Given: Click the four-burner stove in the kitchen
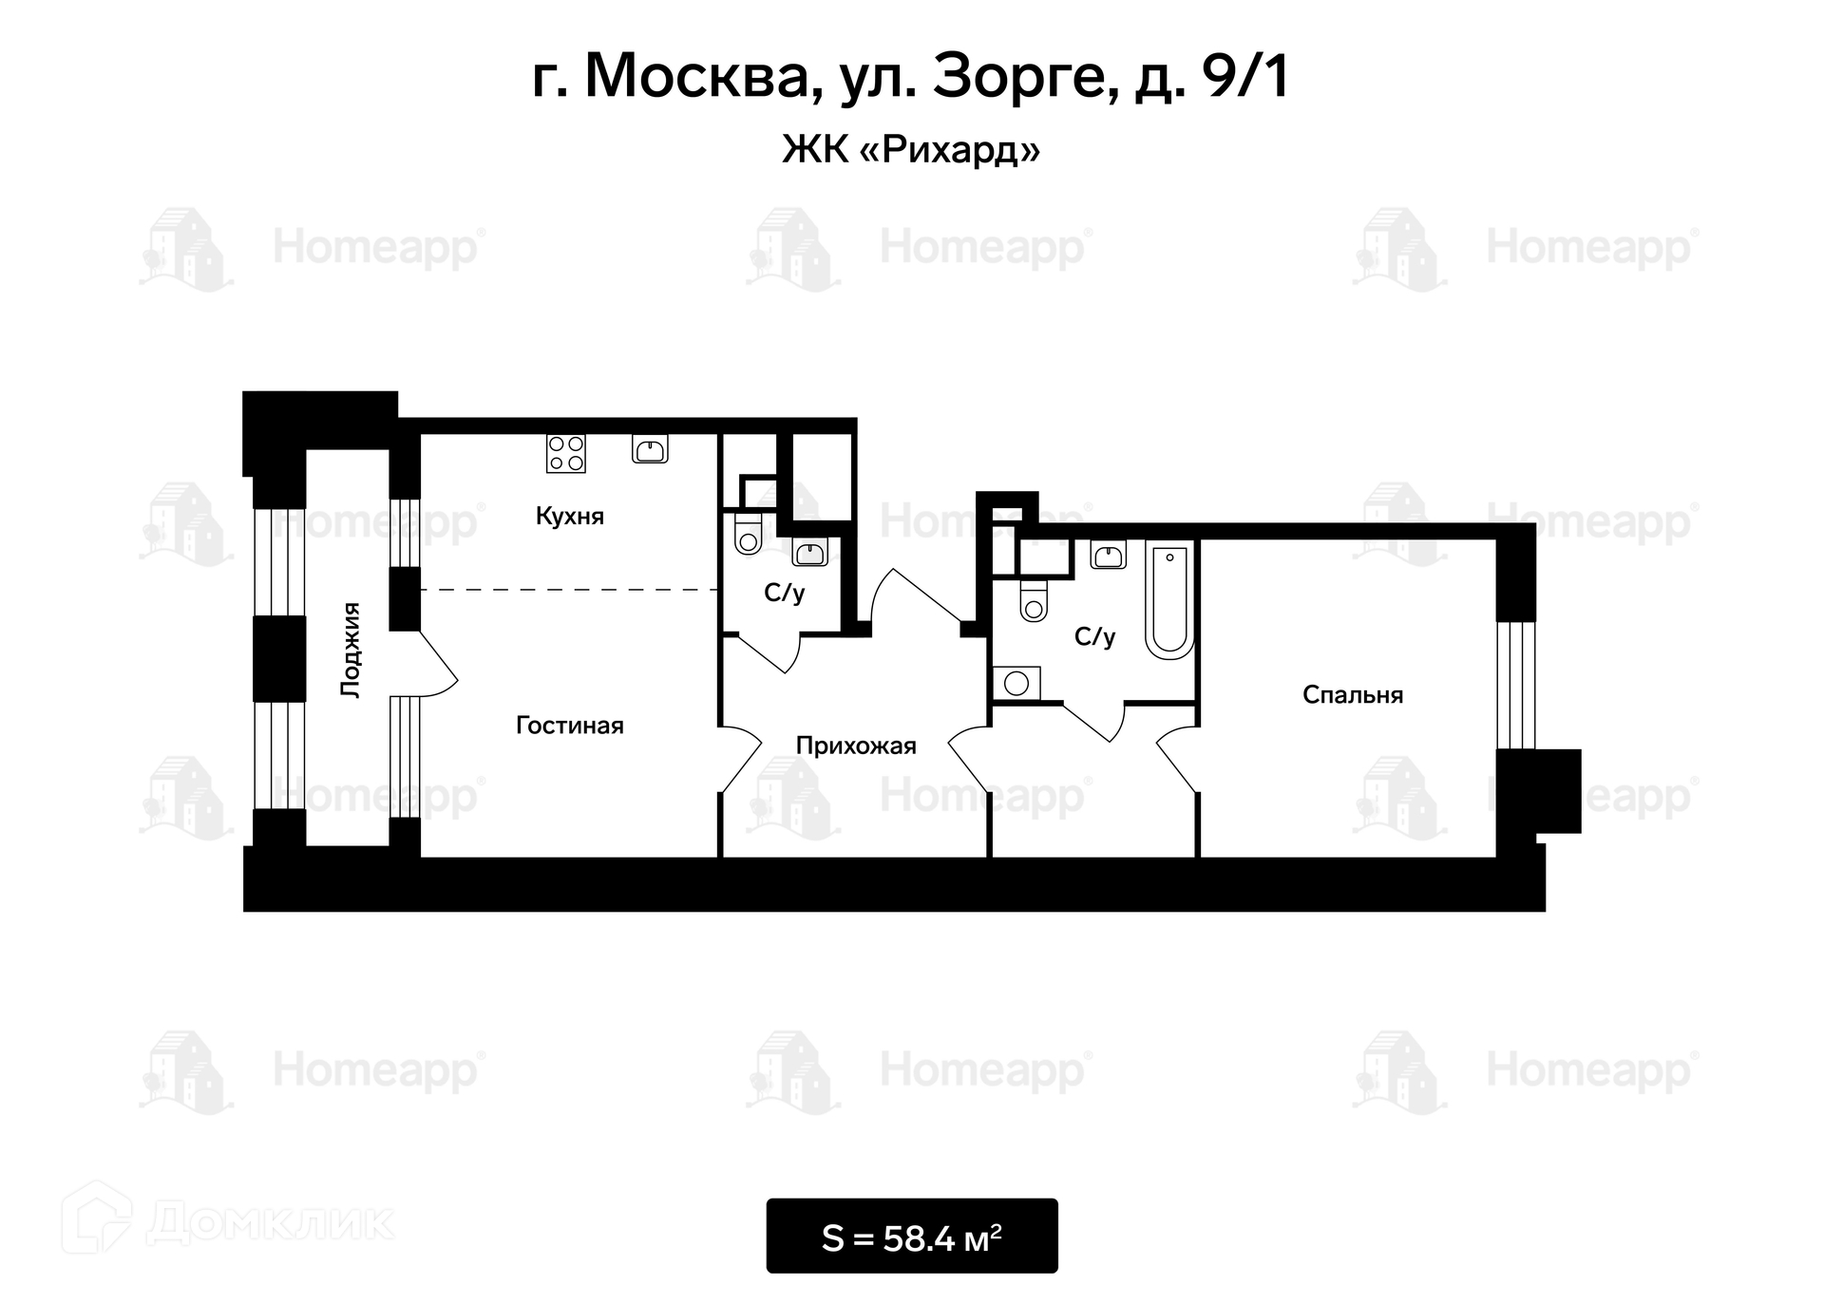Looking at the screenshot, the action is (x=565, y=453).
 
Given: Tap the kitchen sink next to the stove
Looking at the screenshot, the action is (x=650, y=448).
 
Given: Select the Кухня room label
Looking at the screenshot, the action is (x=570, y=516).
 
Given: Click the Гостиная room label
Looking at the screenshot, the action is (x=570, y=726).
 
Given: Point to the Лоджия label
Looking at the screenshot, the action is (x=351, y=651).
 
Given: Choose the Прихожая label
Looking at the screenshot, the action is (x=856, y=746).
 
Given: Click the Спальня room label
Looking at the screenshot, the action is (x=1353, y=695).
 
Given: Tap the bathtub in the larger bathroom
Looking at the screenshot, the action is (x=1169, y=600).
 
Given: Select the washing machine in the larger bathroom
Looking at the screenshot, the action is (x=1016, y=683).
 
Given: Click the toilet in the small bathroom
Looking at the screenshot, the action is (x=748, y=534).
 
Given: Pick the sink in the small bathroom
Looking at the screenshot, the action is (x=809, y=552).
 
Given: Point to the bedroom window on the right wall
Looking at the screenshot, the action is (x=1515, y=685).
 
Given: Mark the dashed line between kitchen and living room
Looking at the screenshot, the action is (x=569, y=590).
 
